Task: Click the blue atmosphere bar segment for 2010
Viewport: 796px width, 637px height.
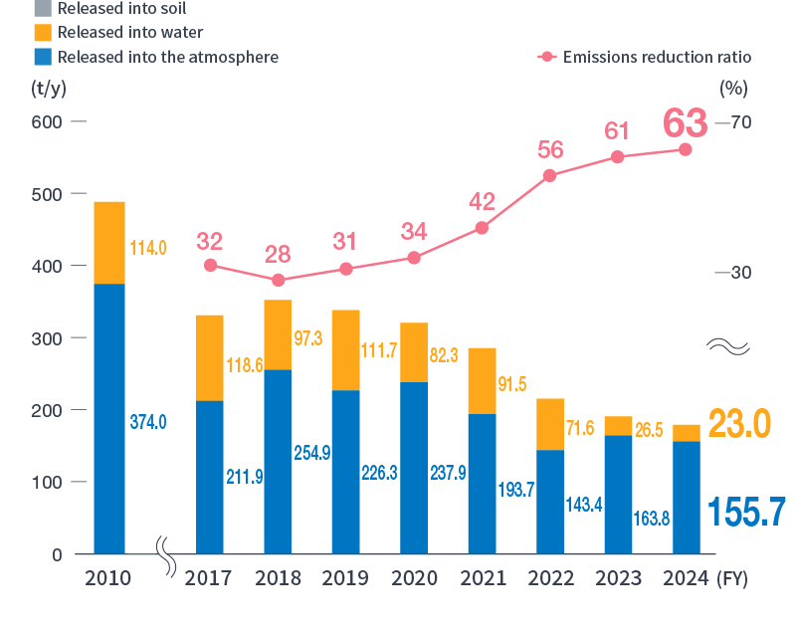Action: tap(109, 418)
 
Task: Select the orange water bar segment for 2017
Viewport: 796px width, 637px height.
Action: tap(210, 358)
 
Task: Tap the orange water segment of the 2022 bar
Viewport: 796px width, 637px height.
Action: tap(550, 424)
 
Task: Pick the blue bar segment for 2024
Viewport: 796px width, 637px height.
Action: tap(687, 497)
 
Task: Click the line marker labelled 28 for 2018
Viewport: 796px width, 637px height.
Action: tap(279, 281)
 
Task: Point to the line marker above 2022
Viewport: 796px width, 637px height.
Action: tap(550, 176)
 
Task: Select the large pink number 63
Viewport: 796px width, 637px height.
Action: tap(686, 124)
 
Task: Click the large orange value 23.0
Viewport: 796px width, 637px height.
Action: tap(740, 423)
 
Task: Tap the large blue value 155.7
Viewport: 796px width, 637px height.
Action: tap(746, 513)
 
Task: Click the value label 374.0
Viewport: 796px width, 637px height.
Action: tap(148, 422)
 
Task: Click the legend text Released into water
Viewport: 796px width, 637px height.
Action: tap(129, 33)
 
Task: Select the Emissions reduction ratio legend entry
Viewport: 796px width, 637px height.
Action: tap(645, 57)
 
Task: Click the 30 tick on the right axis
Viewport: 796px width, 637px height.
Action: tap(740, 273)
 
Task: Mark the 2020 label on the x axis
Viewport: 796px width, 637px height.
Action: tap(414, 578)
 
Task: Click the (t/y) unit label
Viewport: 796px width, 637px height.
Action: tap(48, 88)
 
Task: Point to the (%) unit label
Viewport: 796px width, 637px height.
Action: tap(733, 88)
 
